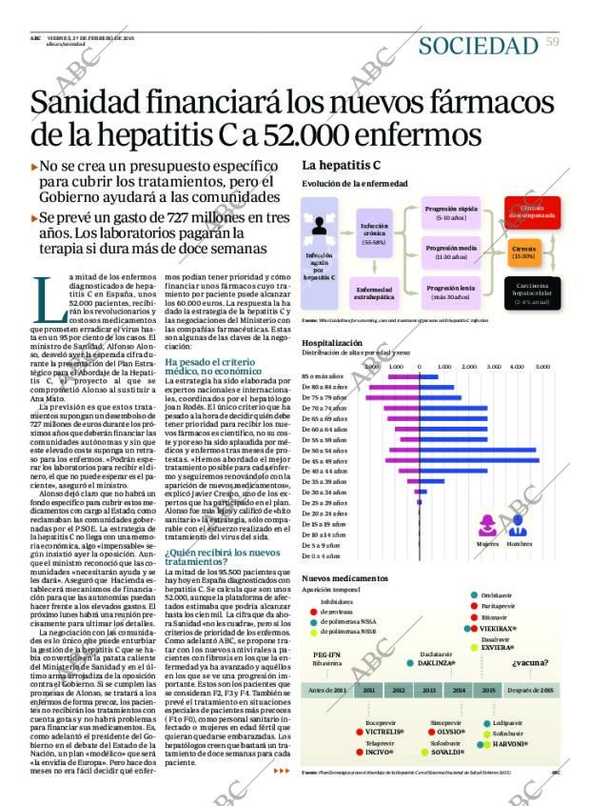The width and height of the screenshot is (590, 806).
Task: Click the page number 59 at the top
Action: pyautogui.click(x=552, y=40)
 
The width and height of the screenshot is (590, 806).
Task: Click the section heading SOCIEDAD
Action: pyautogui.click(x=478, y=45)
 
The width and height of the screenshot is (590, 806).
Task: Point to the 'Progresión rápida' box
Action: pyautogui.click(x=450, y=212)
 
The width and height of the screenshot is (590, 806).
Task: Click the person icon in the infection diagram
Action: pyautogui.click(x=319, y=227)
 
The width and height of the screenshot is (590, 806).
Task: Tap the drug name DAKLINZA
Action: pyautogui.click(x=438, y=662)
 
